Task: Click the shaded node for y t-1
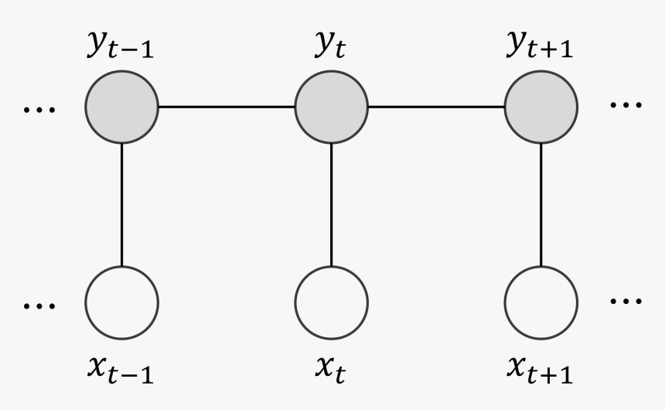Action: point(121,106)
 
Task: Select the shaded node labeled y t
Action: point(332,106)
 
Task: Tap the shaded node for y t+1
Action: point(541,106)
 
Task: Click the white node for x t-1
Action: point(121,302)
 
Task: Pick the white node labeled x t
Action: point(332,302)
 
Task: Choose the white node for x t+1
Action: point(541,302)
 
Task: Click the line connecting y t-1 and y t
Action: point(227,106)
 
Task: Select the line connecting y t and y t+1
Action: point(436,106)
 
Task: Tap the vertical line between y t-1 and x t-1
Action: point(121,204)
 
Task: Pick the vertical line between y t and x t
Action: point(332,204)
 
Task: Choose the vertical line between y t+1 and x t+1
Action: point(541,204)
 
